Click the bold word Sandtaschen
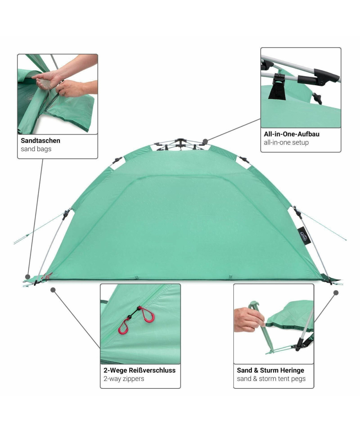pyautogui.click(x=41, y=141)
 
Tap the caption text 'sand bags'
pyautogui.click(x=36, y=149)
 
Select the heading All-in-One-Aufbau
pyautogui.click(x=292, y=134)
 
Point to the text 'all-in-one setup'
pyautogui.click(x=286, y=143)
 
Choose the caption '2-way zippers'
pyautogui.click(x=124, y=379)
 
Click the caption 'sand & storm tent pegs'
pyautogui.click(x=271, y=379)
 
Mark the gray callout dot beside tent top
pyautogui.click(x=205, y=141)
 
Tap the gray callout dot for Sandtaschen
pyautogui.click(x=28, y=276)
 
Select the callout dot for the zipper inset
pyautogui.click(x=53, y=290)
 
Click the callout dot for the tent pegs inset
pyautogui.click(x=336, y=293)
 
